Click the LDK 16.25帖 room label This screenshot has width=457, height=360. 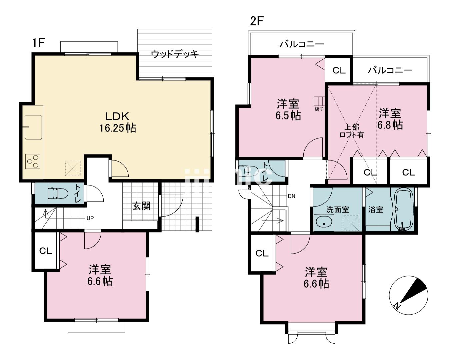click(x=117, y=122)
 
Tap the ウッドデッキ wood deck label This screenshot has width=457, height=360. click(x=175, y=54)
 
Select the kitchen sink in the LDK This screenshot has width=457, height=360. click(x=33, y=127)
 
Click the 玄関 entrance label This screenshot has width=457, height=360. click(x=141, y=206)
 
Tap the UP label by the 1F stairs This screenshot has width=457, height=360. click(x=90, y=218)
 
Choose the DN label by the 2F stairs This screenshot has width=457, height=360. click(x=291, y=196)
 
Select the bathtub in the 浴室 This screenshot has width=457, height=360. click(x=404, y=209)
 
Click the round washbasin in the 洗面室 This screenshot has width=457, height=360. click(x=324, y=222)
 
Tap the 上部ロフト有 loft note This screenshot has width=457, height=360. click(x=351, y=131)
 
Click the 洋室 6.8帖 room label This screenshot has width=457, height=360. click(x=390, y=119)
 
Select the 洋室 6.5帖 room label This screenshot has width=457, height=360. click(x=289, y=110)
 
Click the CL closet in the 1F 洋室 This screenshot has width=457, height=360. click(x=46, y=251)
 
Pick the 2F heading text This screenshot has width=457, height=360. click(x=257, y=21)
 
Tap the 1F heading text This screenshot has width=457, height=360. click(x=38, y=43)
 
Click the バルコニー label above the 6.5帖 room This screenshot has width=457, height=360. click(x=302, y=44)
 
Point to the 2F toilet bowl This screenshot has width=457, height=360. click(x=248, y=171)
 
